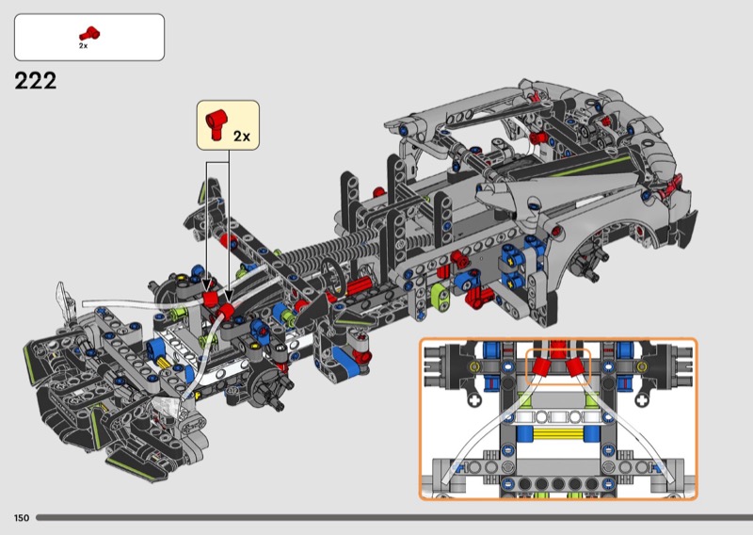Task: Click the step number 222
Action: tap(36, 81)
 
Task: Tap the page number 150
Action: tap(22, 518)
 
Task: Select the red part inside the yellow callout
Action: tap(216, 124)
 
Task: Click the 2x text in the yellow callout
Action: tap(242, 136)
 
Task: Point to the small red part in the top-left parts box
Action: tap(89, 34)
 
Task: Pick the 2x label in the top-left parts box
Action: tap(83, 46)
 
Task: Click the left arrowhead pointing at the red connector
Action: tap(207, 286)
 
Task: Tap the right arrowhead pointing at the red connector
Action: tap(229, 296)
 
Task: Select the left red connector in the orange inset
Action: tap(541, 367)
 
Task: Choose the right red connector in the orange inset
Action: tap(575, 367)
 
